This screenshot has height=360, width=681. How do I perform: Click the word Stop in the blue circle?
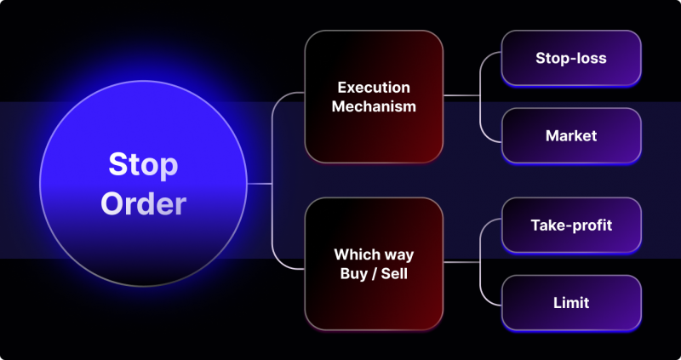pyautogui.click(x=143, y=163)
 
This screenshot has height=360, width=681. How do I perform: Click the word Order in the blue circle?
pyautogui.click(x=143, y=203)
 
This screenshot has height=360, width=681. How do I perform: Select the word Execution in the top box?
pyautogui.click(x=374, y=88)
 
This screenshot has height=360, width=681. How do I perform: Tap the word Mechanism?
pyautogui.click(x=374, y=106)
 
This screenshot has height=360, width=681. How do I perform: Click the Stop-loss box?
pyautogui.click(x=571, y=58)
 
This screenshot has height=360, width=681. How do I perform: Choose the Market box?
pyautogui.click(x=571, y=135)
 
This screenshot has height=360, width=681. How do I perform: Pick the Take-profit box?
pyautogui.click(x=571, y=226)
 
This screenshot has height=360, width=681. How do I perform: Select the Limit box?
pyautogui.click(x=571, y=302)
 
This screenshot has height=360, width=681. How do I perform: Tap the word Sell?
pyautogui.click(x=396, y=273)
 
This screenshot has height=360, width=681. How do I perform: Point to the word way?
pyautogui.click(x=398, y=254)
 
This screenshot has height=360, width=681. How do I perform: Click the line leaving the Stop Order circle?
pyautogui.click(x=259, y=183)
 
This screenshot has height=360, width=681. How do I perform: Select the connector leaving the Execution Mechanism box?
pyautogui.click(x=461, y=95)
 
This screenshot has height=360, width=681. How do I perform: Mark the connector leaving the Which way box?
pyautogui.click(x=461, y=262)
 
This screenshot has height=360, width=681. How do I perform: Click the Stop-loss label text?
pyautogui.click(x=571, y=58)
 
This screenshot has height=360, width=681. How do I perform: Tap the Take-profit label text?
pyautogui.click(x=571, y=226)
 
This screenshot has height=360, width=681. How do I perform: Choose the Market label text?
pyautogui.click(x=571, y=135)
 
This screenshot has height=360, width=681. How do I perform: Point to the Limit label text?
pyautogui.click(x=571, y=302)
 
